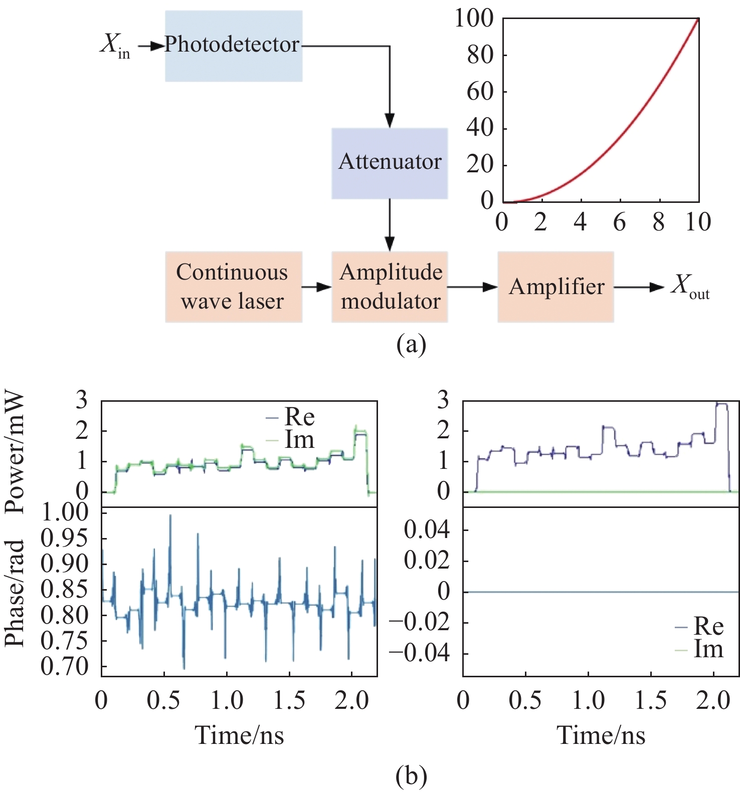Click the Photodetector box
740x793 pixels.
234,46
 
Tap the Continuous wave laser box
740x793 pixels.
234,287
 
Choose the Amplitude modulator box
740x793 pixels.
390,287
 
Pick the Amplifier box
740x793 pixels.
556,287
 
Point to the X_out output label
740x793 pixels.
690,287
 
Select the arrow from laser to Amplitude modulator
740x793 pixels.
317,287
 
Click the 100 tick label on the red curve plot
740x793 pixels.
474,19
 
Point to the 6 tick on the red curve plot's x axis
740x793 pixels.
620,222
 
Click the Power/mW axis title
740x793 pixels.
15,453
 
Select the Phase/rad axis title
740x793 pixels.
15,593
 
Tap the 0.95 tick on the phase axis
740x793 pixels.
64,539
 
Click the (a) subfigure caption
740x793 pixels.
411,345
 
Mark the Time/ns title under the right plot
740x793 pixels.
601,735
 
